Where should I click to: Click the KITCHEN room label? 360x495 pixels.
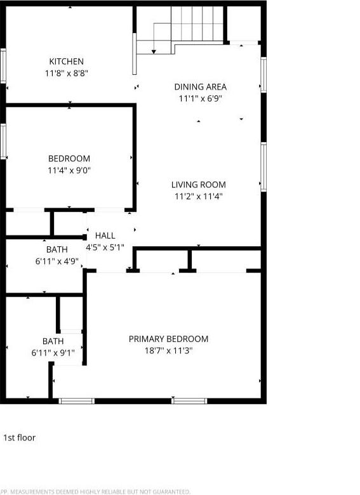tap(67, 62)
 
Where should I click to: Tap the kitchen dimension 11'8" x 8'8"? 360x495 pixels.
tap(67, 73)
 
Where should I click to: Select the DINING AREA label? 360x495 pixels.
tap(200, 87)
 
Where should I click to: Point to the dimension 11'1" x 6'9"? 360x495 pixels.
tap(200, 98)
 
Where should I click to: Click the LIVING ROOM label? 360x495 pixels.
tap(199, 185)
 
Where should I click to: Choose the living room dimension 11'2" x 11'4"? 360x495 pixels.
tap(199, 196)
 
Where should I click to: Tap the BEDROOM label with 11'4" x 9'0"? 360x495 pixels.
tap(69, 159)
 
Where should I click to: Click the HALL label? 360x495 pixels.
tap(105, 235)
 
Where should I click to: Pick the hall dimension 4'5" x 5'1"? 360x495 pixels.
tap(105, 247)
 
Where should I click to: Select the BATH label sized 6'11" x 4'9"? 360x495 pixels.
tap(57, 249)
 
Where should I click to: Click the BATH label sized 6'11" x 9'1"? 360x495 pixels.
tap(53, 341)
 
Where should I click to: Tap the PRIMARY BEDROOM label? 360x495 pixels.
tap(168, 339)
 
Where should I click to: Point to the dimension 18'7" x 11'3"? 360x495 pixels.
tap(168, 350)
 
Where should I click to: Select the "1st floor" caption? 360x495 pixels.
tap(20, 437)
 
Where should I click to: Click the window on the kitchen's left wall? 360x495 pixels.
tap(3, 66)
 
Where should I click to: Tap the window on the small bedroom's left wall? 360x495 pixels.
tap(3, 141)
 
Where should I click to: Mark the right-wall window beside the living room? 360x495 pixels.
tap(263, 166)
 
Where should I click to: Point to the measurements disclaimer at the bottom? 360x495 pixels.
tap(95, 491)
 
